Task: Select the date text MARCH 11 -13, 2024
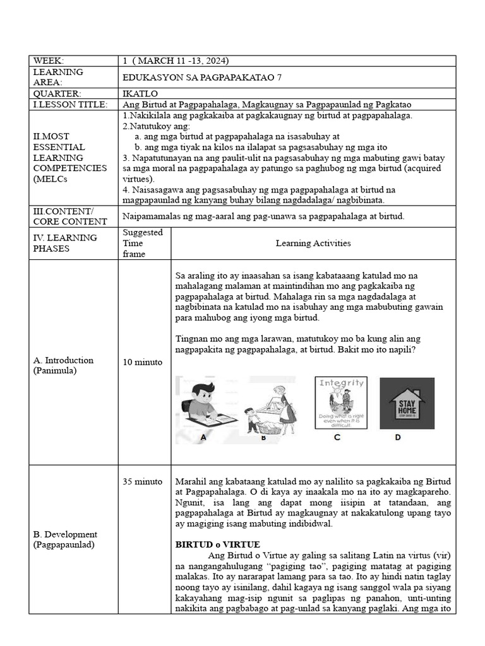pos(179,61)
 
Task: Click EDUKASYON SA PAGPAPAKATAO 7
pos(201,77)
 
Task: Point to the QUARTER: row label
pos(56,93)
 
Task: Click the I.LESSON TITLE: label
pos(70,104)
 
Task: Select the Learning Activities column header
pos(313,243)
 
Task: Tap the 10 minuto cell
pos(142,362)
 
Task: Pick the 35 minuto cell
pos(142,481)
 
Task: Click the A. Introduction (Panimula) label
pos(63,365)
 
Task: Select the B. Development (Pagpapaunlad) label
pos(65,539)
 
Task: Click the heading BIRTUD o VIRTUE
pos(217,544)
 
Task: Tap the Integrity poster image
pos(342,404)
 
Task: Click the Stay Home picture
pos(407,404)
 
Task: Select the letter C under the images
pos(337,437)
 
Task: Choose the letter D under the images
pos(398,437)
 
